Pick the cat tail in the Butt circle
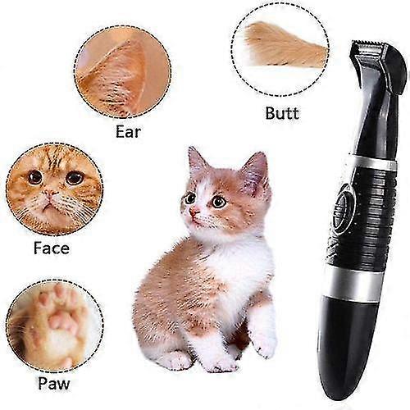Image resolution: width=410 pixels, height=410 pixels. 283,45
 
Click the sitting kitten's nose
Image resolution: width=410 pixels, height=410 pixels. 194,212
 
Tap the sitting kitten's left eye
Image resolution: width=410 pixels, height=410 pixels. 190,198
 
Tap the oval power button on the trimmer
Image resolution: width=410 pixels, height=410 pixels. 345,200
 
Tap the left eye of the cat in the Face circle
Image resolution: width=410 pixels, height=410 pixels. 35,177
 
